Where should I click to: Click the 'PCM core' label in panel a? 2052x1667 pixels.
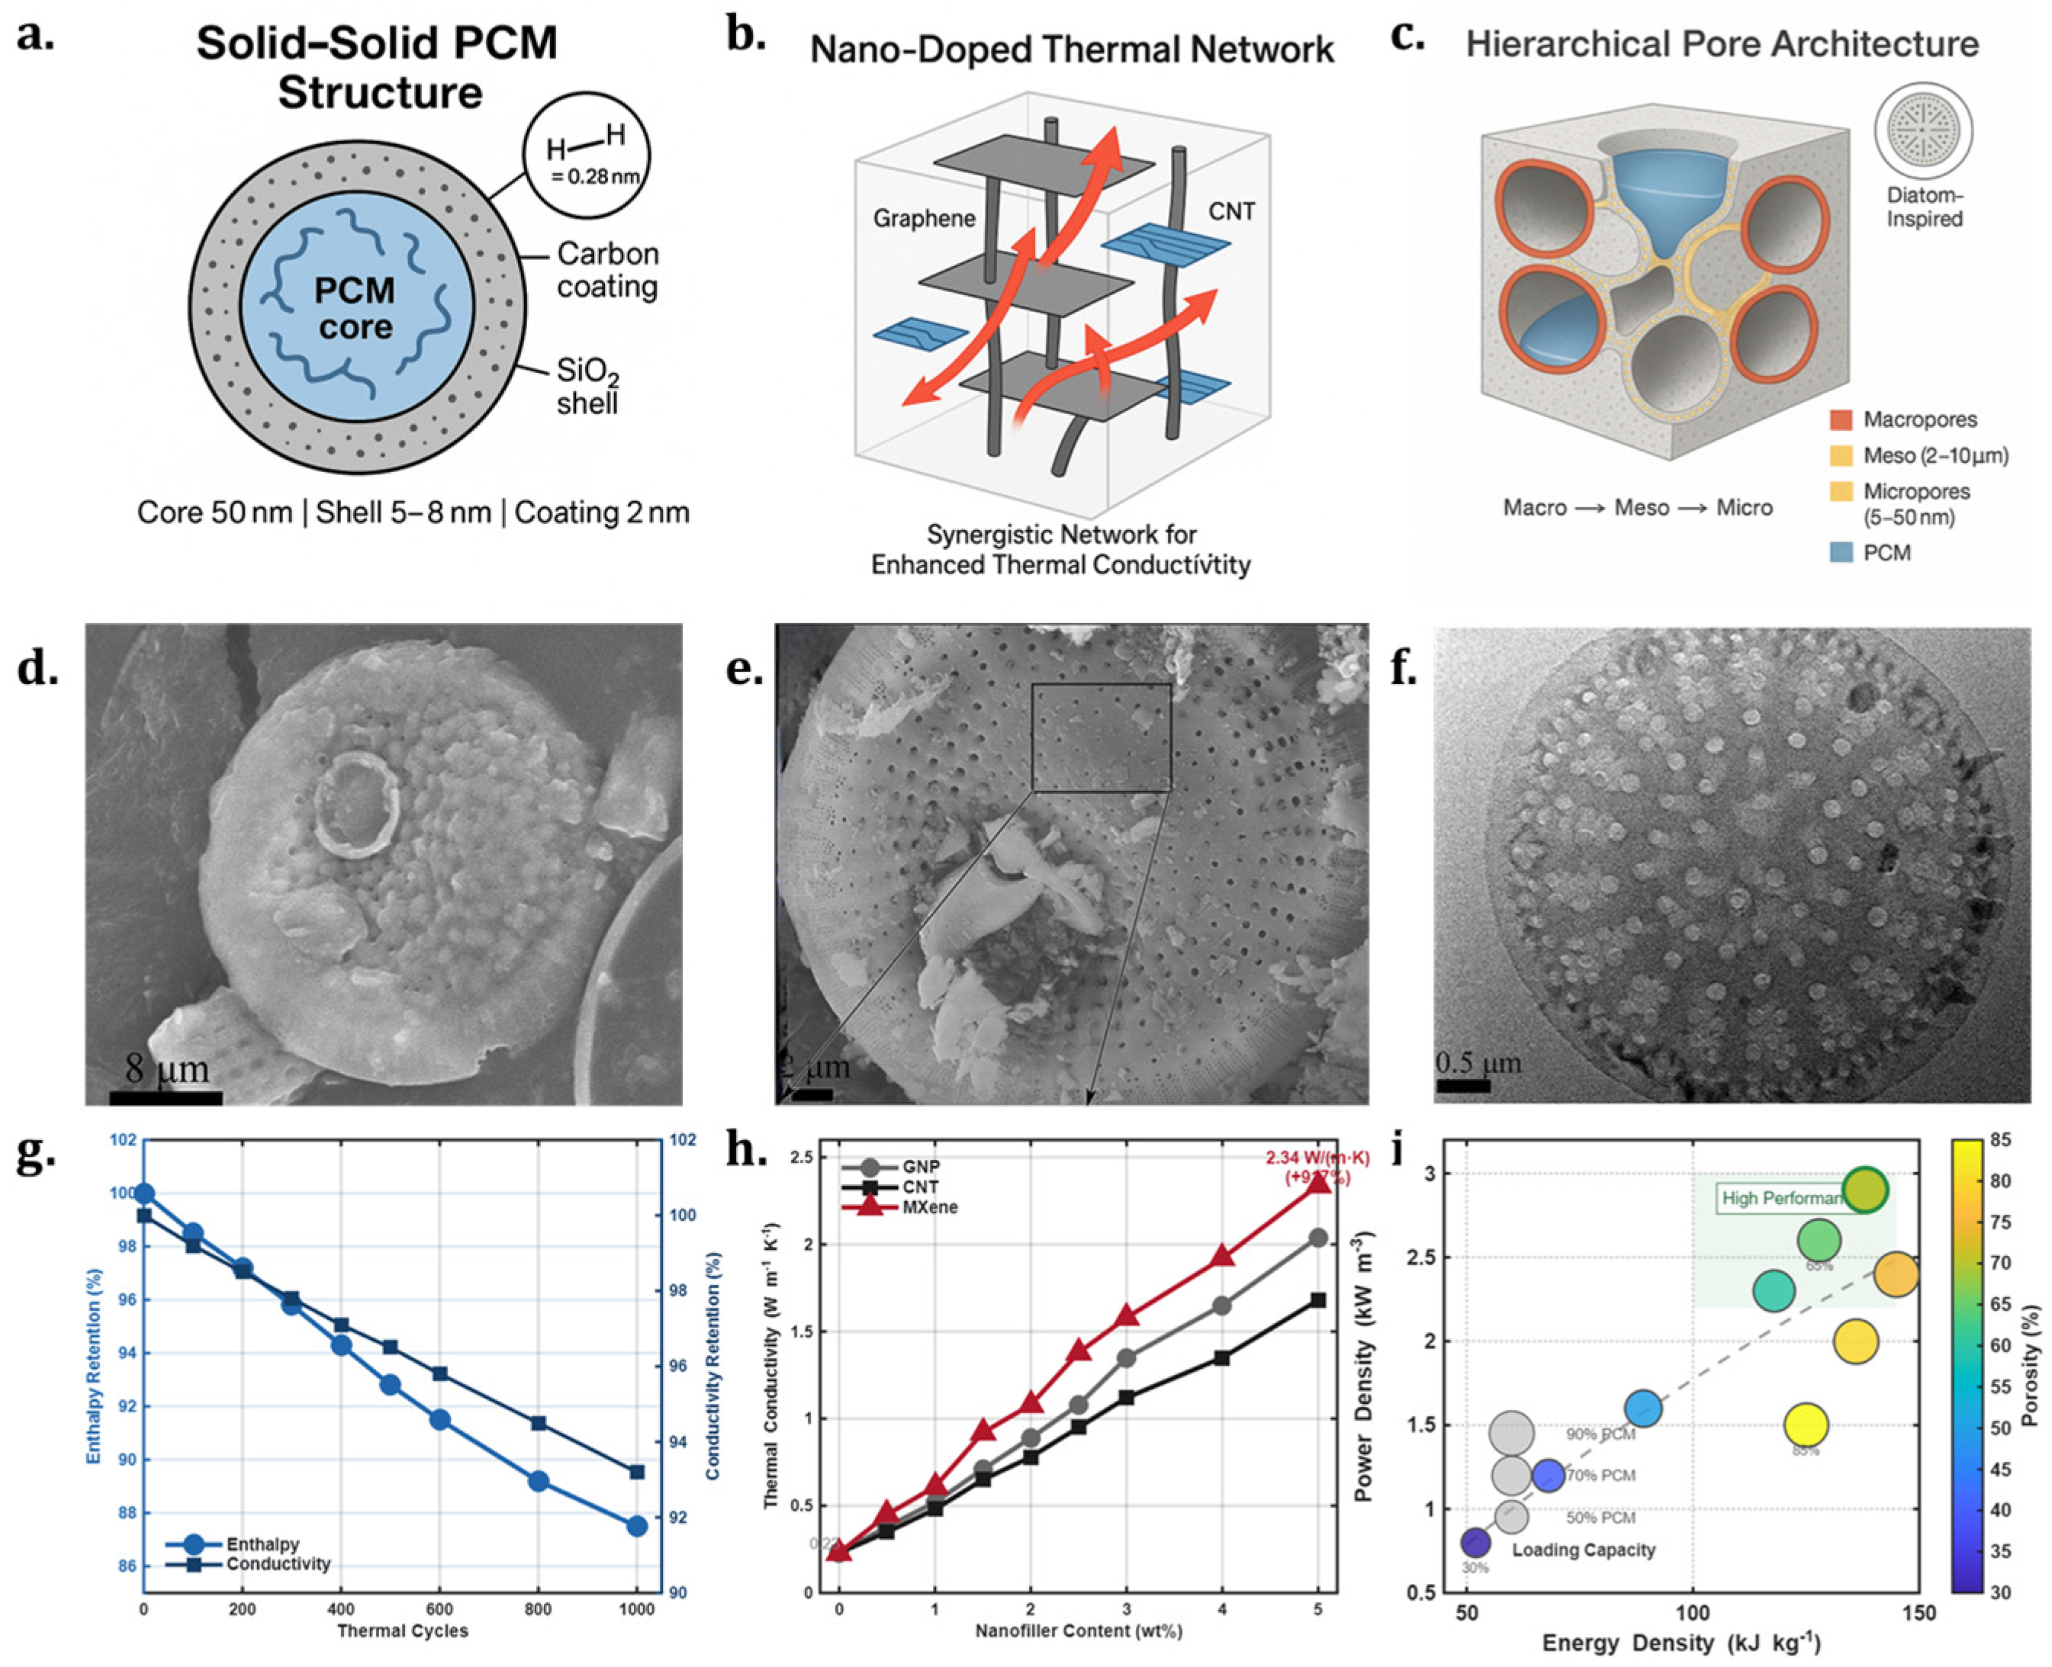point(355,308)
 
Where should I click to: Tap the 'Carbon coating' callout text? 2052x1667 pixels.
point(607,270)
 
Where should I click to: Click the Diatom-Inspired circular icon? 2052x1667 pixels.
point(1922,130)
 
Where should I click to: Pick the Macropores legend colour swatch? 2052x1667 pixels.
point(1841,419)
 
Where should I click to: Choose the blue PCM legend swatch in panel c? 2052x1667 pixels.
point(1841,552)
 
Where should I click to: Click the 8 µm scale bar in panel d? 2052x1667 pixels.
point(166,1097)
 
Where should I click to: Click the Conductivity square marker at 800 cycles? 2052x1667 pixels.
point(538,1423)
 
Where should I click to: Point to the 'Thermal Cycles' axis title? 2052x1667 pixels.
point(401,1630)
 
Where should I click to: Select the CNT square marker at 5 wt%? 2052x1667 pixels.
point(1318,1300)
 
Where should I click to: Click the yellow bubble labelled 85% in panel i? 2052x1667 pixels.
point(1805,1425)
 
